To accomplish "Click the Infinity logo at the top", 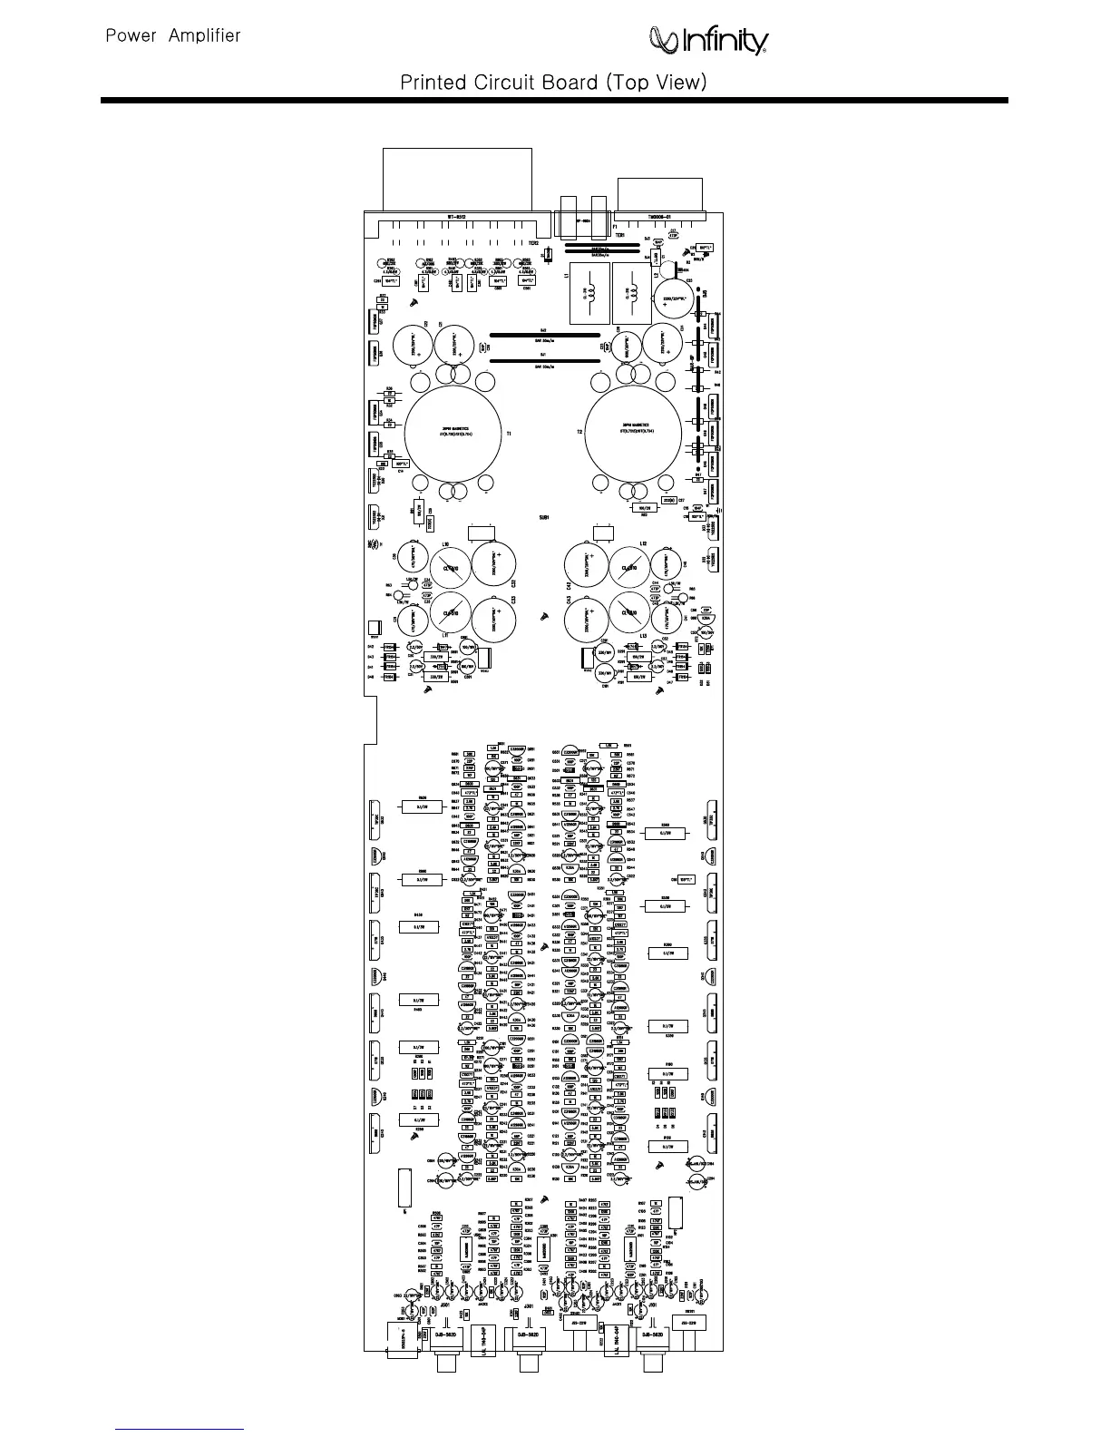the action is coord(709,41).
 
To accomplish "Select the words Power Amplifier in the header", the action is coord(173,36).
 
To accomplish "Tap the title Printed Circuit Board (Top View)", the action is coord(553,83).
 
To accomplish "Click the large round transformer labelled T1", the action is coord(453,430).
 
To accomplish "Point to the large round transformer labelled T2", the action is coord(634,430).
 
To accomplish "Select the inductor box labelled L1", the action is coord(587,293).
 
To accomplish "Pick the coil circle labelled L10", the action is coord(451,569).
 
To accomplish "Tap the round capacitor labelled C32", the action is coord(495,567).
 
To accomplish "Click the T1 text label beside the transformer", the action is coord(509,434).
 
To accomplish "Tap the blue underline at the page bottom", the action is coord(180,1428).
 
